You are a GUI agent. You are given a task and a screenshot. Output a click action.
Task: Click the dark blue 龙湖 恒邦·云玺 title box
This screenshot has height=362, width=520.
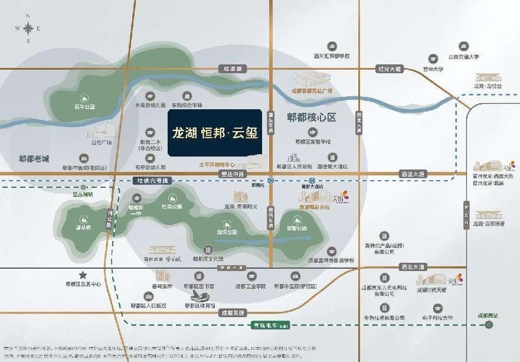pyautogui.click(x=214, y=132)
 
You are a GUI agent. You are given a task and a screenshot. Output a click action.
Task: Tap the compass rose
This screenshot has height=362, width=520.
pyautogui.click(x=28, y=29)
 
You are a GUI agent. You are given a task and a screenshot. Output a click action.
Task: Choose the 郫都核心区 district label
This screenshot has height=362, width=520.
pyautogui.click(x=311, y=118)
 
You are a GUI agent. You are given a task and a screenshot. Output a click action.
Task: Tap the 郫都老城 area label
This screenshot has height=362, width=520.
pyautogui.click(x=34, y=159)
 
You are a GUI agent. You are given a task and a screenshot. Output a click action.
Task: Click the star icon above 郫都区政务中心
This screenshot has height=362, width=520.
pyautogui.click(x=83, y=275)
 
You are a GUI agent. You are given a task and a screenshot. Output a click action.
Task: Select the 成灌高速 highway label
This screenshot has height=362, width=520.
pyautogui.click(x=231, y=312)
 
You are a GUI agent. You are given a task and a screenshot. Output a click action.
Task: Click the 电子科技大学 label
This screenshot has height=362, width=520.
pyautogui.click(x=438, y=318)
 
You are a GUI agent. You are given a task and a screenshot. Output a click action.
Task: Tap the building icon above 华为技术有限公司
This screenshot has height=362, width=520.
pyautogui.click(x=384, y=307)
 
